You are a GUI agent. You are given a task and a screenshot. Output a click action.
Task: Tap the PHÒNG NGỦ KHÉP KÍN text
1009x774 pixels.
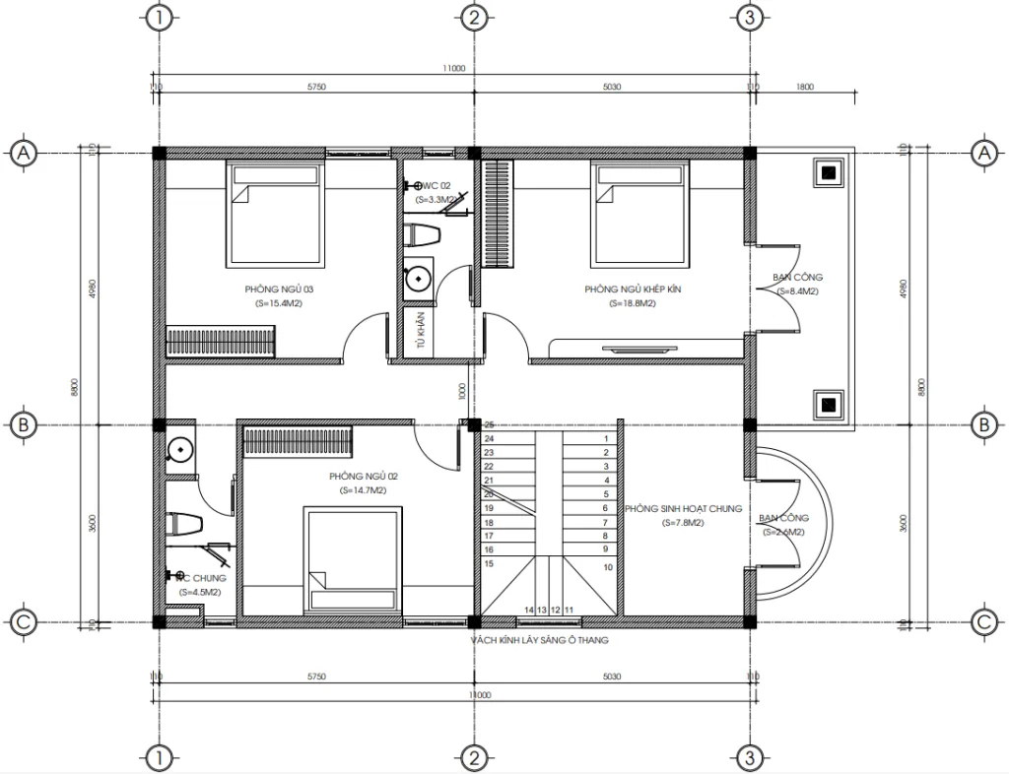[633, 290]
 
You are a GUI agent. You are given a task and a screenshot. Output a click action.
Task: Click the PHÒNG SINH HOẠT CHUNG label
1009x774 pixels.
[686, 509]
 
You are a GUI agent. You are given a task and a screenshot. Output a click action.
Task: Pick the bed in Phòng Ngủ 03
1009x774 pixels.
[275, 214]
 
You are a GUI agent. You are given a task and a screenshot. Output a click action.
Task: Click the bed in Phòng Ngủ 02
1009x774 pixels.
[355, 559]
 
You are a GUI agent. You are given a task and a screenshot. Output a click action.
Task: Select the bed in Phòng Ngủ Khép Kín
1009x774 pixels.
[639, 214]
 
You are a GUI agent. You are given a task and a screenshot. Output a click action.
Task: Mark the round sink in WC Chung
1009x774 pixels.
[180, 449]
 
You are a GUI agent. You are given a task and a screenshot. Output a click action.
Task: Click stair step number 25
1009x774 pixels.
[489, 424]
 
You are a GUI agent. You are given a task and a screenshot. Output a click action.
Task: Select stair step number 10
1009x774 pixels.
[608, 567]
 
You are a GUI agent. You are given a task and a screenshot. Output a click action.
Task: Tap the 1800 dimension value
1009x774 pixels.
[804, 87]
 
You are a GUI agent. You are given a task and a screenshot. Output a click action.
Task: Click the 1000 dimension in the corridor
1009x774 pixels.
[462, 391]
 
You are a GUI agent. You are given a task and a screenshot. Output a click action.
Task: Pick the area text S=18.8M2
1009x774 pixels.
[633, 303]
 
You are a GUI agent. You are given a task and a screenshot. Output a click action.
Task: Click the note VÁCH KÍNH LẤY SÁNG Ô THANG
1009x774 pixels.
[539, 640]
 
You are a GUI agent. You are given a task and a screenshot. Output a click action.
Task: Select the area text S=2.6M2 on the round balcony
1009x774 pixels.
[782, 532]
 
